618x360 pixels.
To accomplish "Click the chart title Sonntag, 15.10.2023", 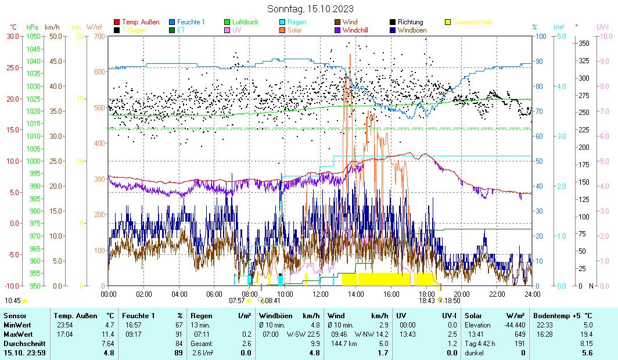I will [x=310, y=9].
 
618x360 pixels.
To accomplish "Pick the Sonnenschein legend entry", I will [x=472, y=22].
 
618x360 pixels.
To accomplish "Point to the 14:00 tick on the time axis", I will [x=356, y=294].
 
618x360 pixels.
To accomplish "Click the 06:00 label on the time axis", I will [x=214, y=294].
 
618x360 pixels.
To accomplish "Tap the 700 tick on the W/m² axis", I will [x=99, y=36].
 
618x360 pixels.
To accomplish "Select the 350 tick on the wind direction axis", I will [x=584, y=44].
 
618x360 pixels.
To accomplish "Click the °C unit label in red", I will [x=13, y=27].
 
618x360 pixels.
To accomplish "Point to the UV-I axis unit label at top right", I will [x=602, y=27].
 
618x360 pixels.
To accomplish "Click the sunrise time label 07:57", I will [x=236, y=301].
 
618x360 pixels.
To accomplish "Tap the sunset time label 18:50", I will [x=452, y=301].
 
